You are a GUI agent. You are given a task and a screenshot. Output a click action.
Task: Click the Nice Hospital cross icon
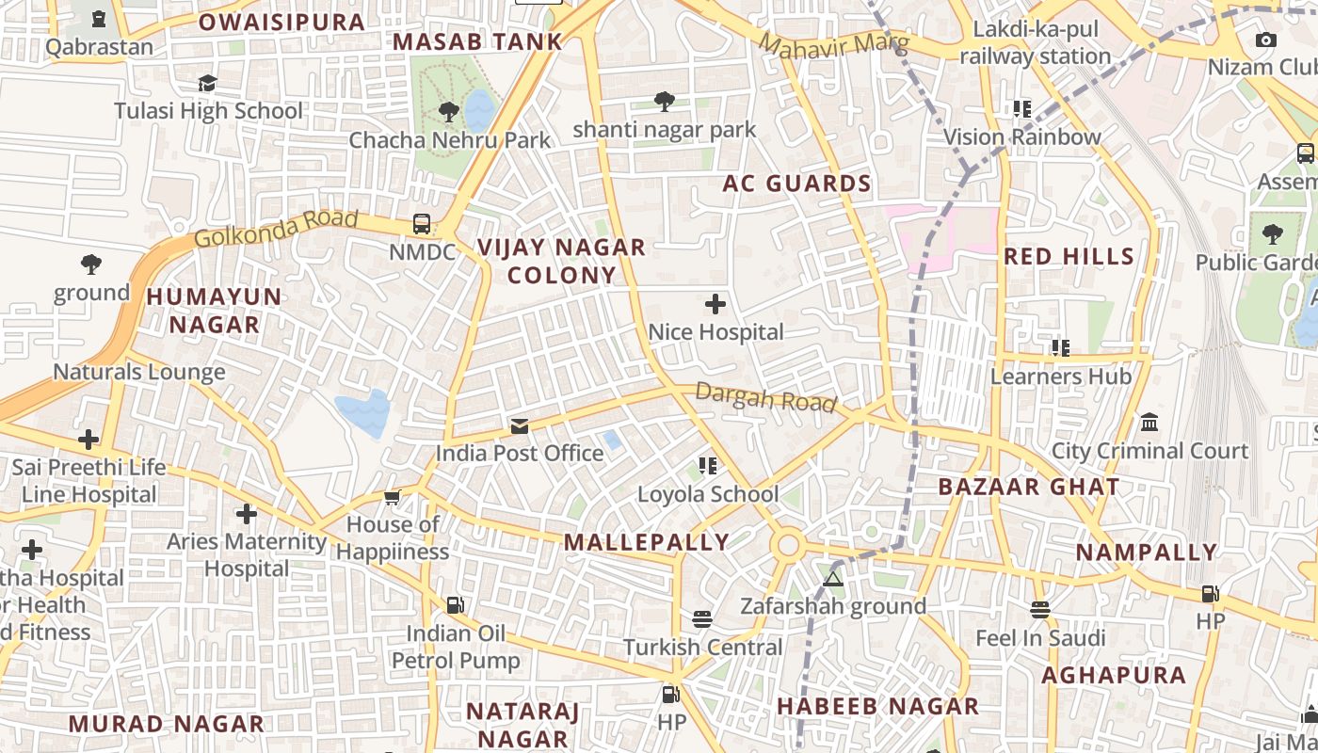[x=715, y=304]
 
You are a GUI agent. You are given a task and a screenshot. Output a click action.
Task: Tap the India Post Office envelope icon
[x=520, y=426]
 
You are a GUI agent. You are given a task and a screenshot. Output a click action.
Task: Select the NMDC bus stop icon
[x=422, y=224]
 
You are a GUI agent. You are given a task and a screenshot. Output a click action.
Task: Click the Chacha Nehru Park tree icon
[x=449, y=112]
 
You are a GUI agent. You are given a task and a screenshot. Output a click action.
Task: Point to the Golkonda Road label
[x=276, y=229]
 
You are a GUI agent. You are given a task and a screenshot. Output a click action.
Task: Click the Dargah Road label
[x=765, y=397]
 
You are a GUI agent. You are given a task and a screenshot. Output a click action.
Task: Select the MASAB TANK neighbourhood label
[x=477, y=41]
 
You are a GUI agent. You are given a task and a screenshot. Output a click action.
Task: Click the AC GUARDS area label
[x=796, y=184]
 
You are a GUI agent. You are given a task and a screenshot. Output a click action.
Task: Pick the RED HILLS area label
[x=1069, y=256]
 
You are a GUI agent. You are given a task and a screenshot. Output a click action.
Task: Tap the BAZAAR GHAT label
[x=1029, y=487]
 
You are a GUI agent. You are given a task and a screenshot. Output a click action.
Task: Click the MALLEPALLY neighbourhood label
[x=647, y=541]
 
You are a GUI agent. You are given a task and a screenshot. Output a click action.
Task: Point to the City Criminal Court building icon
[x=1149, y=423]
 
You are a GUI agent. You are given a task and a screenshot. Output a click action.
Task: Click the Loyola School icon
[x=708, y=465]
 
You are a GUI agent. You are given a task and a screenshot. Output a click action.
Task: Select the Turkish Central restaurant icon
[x=702, y=618]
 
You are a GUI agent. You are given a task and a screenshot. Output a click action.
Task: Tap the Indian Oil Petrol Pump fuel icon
[x=456, y=604]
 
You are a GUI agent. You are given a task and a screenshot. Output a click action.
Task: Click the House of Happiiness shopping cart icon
[x=393, y=496]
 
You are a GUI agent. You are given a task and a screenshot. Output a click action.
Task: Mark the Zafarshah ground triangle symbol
[x=832, y=578]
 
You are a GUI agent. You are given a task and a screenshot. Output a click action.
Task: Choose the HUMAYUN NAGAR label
[x=215, y=311]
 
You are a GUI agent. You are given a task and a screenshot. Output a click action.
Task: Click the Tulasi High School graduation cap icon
[x=208, y=83]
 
